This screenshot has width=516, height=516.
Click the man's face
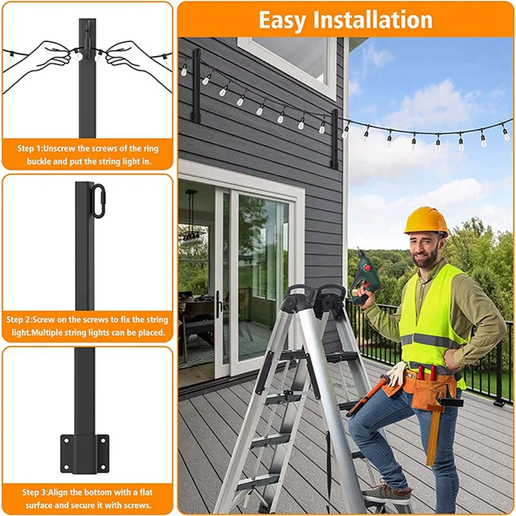(x=426, y=247)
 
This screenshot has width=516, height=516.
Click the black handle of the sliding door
(x=219, y=303)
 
